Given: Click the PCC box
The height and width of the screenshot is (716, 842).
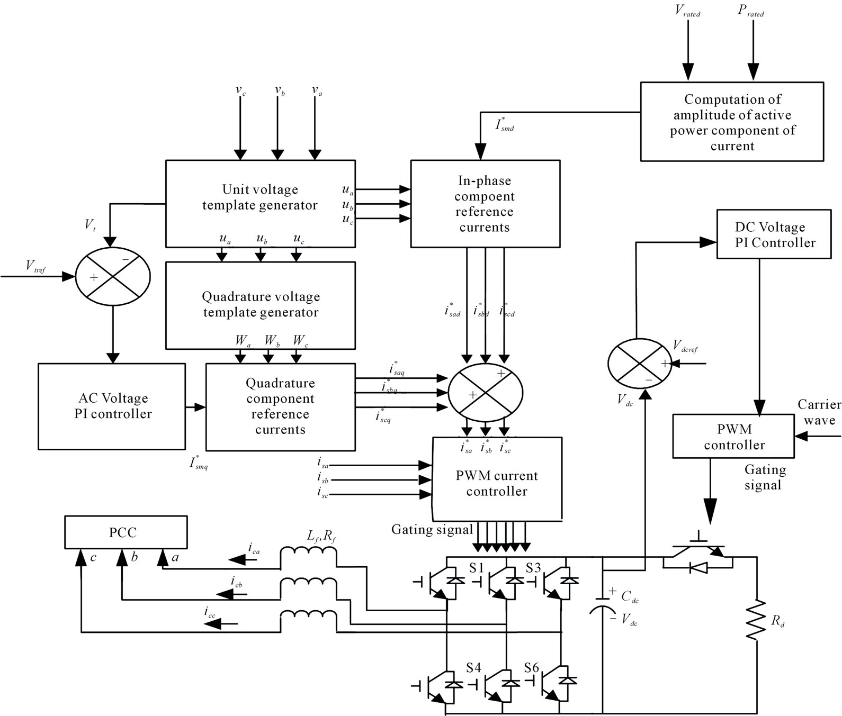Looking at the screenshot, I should (x=126, y=532).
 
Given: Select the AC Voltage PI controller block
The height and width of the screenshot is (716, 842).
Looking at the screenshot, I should (x=112, y=406).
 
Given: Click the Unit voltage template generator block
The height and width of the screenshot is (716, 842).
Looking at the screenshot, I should (x=259, y=204).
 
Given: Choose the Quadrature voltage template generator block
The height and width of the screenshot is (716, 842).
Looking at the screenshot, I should (x=260, y=305).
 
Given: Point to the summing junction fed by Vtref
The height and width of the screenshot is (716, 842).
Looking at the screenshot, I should (x=113, y=276).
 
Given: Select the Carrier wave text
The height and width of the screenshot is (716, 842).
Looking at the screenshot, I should (x=819, y=412).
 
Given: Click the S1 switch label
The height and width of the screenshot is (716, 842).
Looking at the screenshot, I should (x=477, y=568).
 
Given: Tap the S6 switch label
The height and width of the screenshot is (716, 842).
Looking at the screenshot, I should (x=531, y=668).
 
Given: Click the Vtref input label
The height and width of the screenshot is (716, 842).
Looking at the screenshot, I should (x=36, y=266).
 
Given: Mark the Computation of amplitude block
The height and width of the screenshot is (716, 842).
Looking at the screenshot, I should (x=732, y=122).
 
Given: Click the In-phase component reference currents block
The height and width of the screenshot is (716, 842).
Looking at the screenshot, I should (x=485, y=204).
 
